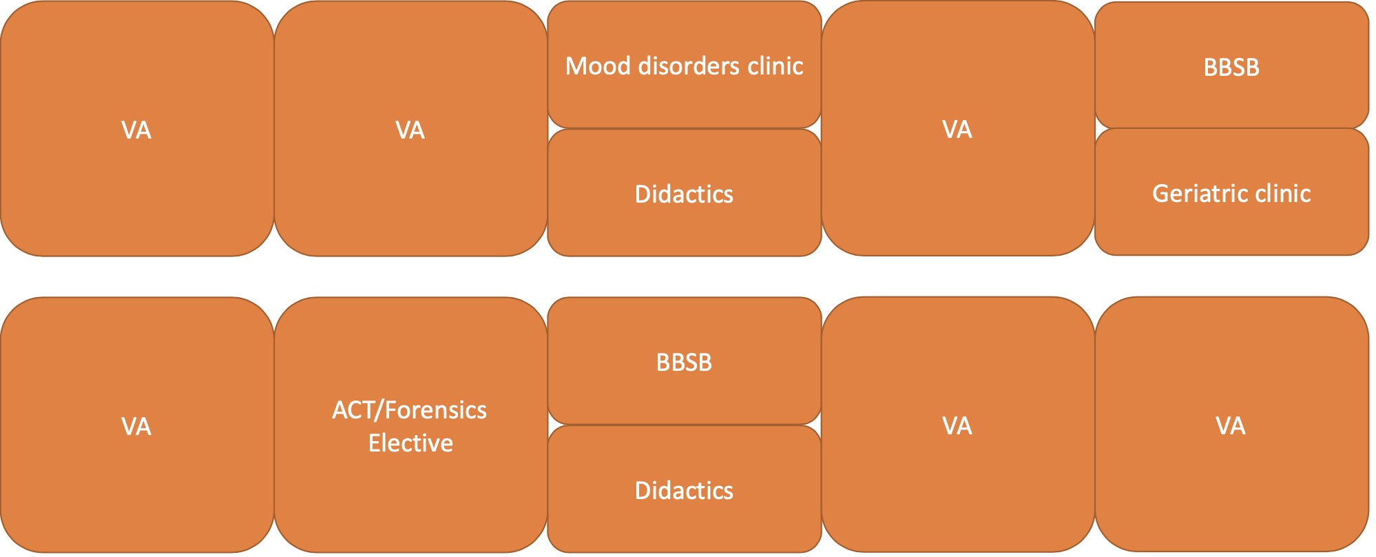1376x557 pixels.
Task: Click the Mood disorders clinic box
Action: click(x=684, y=65)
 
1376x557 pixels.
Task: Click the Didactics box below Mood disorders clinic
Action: click(x=684, y=193)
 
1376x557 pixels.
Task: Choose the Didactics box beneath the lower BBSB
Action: click(x=684, y=489)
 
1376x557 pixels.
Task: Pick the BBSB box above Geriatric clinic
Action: click(x=1231, y=65)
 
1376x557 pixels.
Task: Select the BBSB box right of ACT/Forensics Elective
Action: click(x=684, y=361)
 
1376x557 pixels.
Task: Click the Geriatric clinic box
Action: click(x=1231, y=192)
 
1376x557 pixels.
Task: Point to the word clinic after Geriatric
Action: click(x=1282, y=194)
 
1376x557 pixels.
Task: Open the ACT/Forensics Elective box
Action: click(x=410, y=425)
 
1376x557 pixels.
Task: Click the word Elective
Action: click(x=410, y=443)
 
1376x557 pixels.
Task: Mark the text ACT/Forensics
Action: click(x=409, y=410)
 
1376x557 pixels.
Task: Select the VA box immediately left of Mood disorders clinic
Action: click(x=410, y=129)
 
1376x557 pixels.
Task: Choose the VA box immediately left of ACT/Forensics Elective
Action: click(x=137, y=425)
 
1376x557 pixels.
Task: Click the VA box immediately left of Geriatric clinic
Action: click(x=958, y=128)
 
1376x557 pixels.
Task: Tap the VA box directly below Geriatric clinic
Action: click(x=1231, y=424)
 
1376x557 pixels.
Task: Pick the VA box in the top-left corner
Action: click(x=137, y=129)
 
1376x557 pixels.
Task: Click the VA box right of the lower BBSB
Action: click(x=958, y=424)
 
